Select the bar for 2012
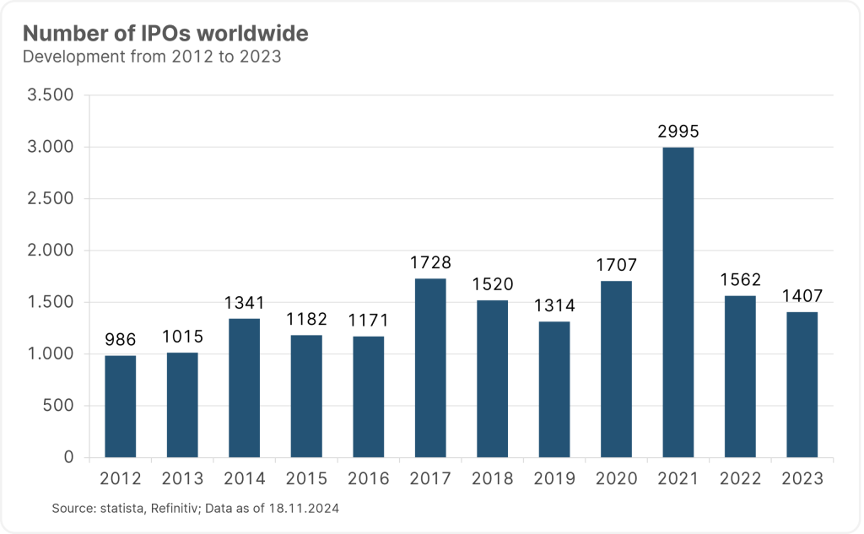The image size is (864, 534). [120, 407]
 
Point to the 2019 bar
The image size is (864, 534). [554, 390]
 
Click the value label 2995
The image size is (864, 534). [678, 132]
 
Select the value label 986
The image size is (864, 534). [120, 340]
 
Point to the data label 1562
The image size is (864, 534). [740, 281]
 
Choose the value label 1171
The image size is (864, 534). [368, 321]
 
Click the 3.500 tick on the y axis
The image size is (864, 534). [51, 95]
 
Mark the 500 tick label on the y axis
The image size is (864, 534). [58, 406]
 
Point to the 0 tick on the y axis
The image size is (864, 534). [69, 457]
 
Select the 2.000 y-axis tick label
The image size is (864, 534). [51, 251]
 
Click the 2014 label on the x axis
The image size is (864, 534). [244, 479]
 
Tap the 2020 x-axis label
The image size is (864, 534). [616, 479]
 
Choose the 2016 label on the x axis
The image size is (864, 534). [368, 479]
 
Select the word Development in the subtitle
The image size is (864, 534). [71, 57]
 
